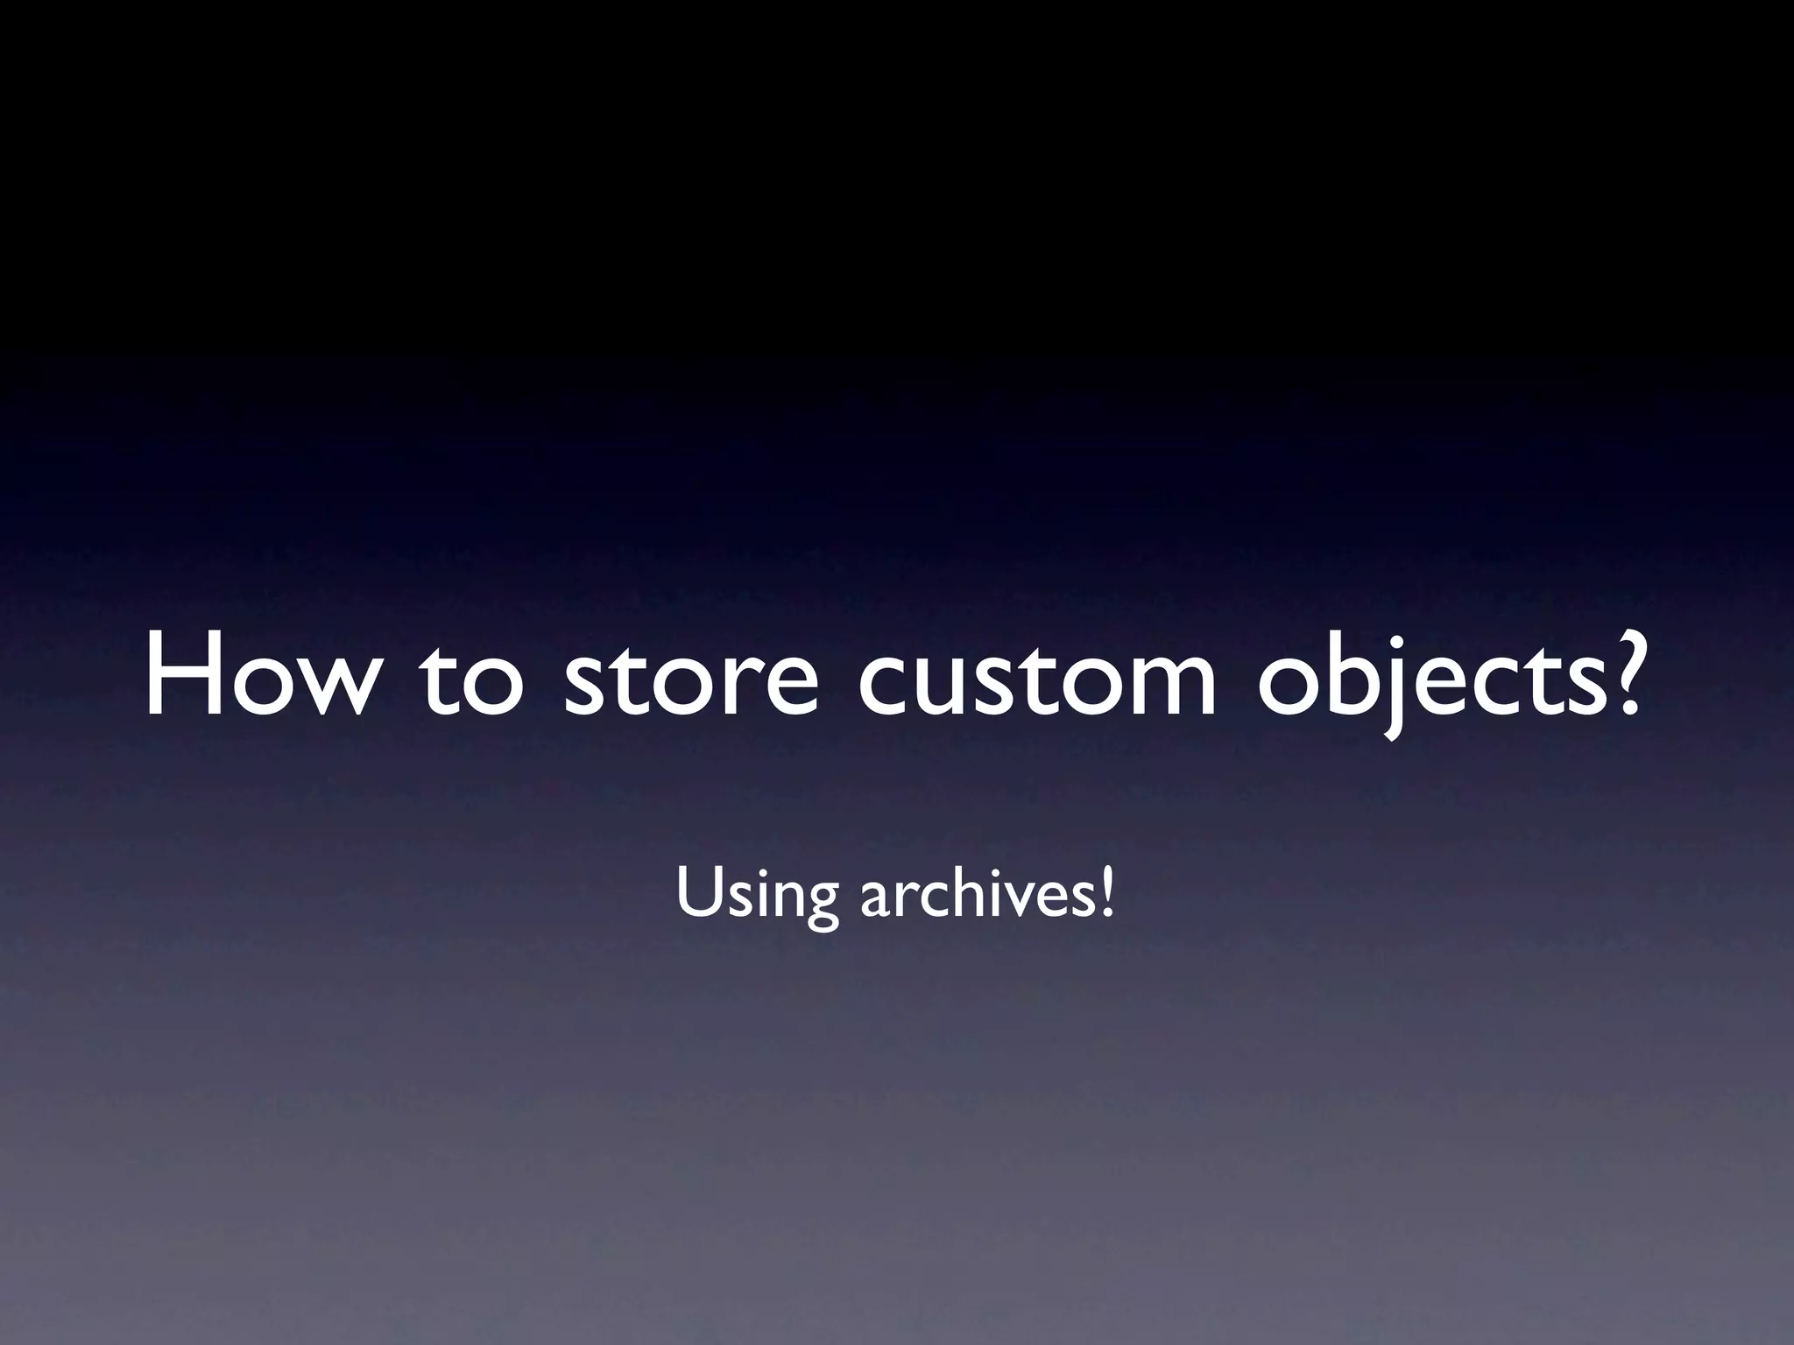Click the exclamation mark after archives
(1108, 893)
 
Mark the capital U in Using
(696, 893)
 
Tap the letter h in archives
(967, 893)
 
